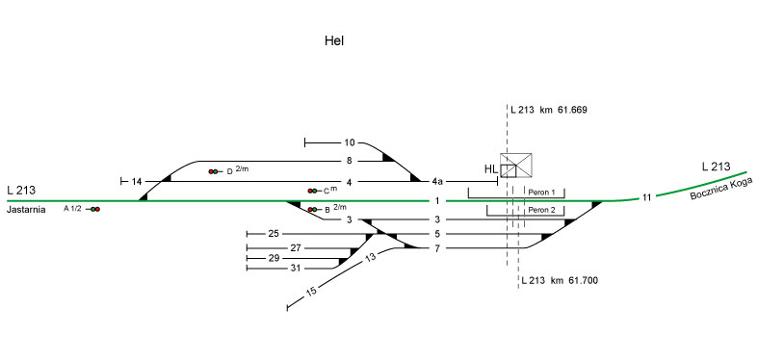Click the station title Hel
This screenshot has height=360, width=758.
[x=334, y=40]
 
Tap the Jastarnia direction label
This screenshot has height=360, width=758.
[x=26, y=210]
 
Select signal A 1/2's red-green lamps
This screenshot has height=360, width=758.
[x=94, y=209]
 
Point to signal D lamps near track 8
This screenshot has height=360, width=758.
[x=213, y=171]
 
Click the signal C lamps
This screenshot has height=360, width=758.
[x=312, y=191]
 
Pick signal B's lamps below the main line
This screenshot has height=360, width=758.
[x=312, y=209]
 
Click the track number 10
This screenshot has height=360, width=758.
[x=350, y=142]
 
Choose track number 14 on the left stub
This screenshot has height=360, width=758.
[x=137, y=182]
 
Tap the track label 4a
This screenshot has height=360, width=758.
[x=437, y=181]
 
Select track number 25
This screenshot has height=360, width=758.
[x=274, y=234]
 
